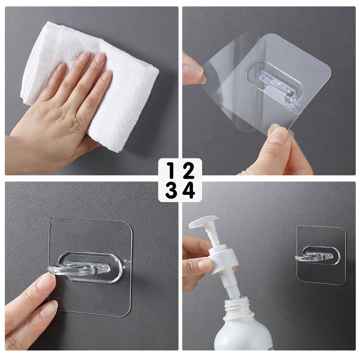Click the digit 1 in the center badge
click(x=171, y=170)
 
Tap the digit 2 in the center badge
click(x=189, y=170)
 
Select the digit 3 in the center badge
click(x=171, y=190)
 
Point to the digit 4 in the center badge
click(x=189, y=190)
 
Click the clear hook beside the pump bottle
click(x=314, y=255)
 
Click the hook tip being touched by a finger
click(x=51, y=270)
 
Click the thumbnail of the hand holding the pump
click(x=205, y=264)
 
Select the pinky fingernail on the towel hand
click(x=61, y=67)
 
